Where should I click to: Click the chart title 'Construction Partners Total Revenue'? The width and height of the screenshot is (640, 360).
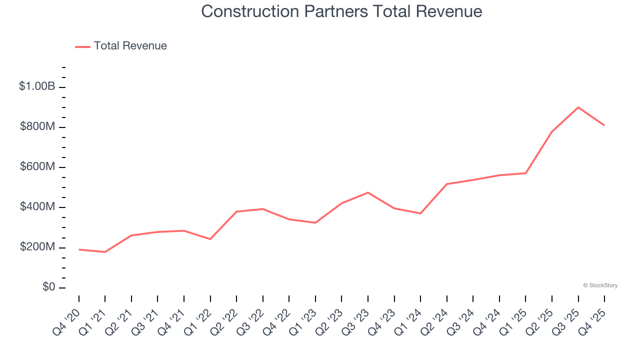tap(341, 11)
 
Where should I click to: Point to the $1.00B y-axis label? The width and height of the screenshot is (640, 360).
tap(37, 86)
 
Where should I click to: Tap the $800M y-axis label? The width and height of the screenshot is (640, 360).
tap(37, 127)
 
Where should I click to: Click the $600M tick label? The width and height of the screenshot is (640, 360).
tap(37, 167)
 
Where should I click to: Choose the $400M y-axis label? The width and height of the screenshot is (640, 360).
tap(37, 207)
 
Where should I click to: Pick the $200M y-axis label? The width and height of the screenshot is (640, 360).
tap(37, 247)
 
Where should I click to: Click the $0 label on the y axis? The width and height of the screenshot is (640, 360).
tap(48, 287)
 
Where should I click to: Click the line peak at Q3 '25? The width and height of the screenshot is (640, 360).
tap(578, 107)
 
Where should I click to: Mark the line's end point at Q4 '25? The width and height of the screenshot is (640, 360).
tap(604, 125)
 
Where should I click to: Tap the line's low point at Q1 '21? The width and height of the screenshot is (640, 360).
tap(105, 252)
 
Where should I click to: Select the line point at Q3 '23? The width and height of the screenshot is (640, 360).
tap(368, 192)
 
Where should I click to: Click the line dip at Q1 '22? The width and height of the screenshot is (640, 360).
tap(210, 239)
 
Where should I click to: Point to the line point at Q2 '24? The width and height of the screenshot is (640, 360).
tap(446, 184)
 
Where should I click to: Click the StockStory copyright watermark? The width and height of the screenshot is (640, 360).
tap(600, 285)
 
